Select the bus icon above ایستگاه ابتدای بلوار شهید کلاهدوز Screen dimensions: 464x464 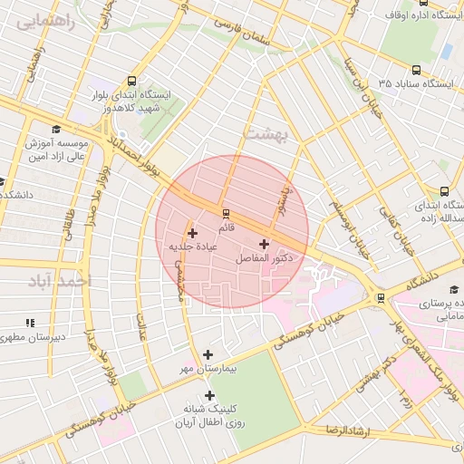coord(133,81)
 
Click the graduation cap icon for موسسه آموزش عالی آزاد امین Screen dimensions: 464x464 coord(56,130)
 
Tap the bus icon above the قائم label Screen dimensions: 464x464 coord(226,213)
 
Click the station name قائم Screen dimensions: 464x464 coord(226,227)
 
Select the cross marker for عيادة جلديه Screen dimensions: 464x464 coord(192,234)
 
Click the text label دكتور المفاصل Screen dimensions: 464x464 coord(264,259)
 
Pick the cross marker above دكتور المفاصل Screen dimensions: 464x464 coord(264,244)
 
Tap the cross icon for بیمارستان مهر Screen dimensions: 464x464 coord(208,354)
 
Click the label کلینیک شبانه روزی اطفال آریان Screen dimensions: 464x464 coord(209,416)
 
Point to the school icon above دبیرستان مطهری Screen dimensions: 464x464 coord(30,322)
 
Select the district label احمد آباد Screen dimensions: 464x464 coord(61,282)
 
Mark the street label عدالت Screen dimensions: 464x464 coord(143,326)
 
